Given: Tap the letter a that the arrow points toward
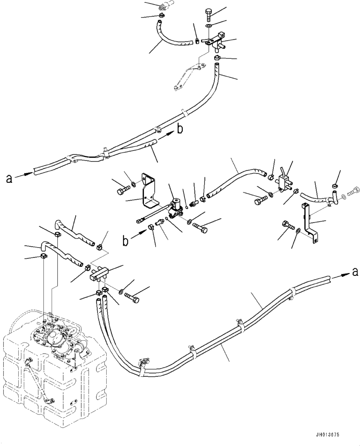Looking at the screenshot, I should point(355,272).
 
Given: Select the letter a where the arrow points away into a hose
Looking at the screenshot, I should point(9,179).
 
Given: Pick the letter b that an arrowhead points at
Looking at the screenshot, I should point(180,129).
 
